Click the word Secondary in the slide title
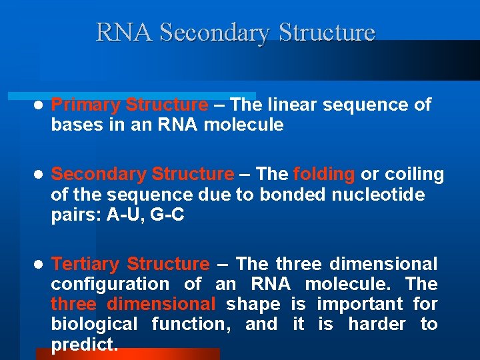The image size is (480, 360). click(216, 33)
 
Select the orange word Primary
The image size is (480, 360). click(86, 105)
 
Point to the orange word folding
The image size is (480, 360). click(324, 174)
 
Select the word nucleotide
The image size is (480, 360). click(387, 194)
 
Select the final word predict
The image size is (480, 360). click(85, 344)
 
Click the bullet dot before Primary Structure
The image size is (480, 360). click(39, 105)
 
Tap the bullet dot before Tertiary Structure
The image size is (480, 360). click(39, 265)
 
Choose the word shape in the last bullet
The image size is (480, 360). click(253, 304)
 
